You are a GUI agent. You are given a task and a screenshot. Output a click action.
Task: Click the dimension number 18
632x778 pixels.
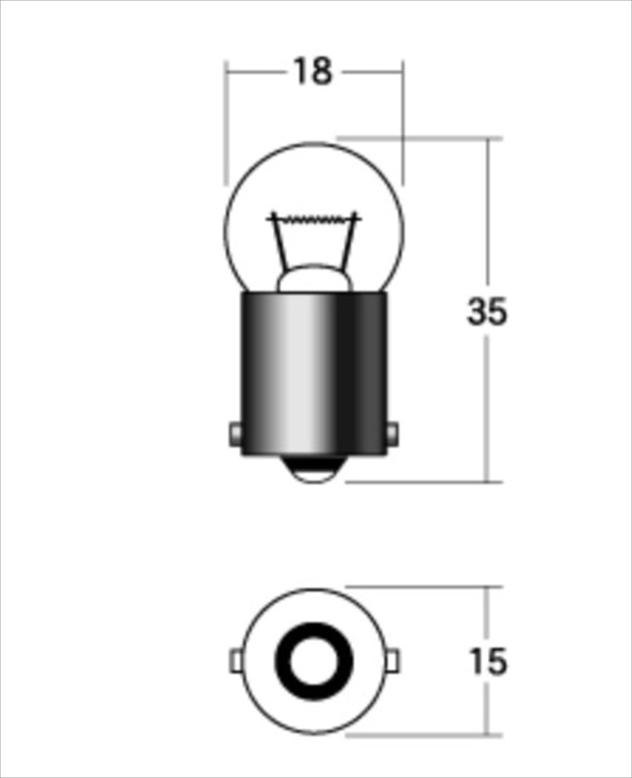(x=314, y=71)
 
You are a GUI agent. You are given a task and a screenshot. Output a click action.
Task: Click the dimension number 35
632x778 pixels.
(x=487, y=311)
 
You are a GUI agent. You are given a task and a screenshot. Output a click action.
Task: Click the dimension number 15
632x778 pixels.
(x=488, y=661)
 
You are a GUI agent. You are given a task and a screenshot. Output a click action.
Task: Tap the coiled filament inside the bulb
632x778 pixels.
(x=314, y=218)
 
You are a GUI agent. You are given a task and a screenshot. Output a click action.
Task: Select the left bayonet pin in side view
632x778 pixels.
(x=235, y=434)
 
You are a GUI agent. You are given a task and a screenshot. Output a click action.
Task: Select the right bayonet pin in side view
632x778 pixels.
(x=393, y=434)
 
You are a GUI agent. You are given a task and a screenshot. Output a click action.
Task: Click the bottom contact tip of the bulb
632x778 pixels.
(x=314, y=470)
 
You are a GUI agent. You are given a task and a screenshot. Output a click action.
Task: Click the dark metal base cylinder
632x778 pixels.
(x=314, y=374)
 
